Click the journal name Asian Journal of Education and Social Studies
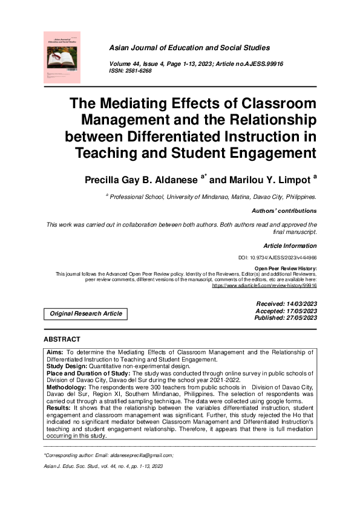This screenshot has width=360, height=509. click(189, 48)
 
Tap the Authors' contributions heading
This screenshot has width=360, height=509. click(284, 211)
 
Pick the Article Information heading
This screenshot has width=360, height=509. click(290, 246)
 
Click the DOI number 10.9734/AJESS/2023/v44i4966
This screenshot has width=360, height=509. click(281, 258)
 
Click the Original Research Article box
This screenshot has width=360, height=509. click(86, 314)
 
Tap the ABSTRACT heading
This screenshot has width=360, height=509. click(62, 339)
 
